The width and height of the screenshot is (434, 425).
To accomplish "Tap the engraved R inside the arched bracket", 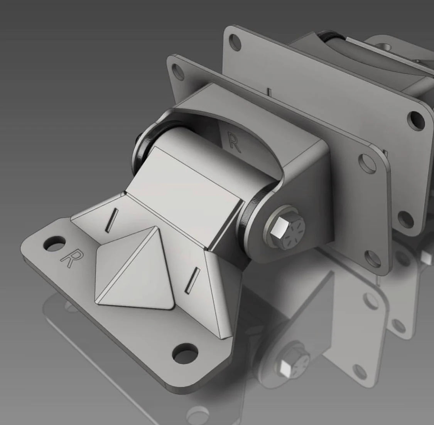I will [233, 141].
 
